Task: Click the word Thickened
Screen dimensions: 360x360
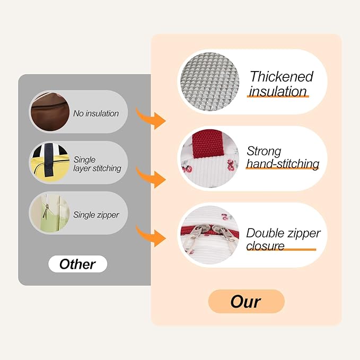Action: pyautogui.click(x=282, y=76)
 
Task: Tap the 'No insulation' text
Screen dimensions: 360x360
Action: pyautogui.click(x=96, y=113)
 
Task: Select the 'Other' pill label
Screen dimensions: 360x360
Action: pyautogui.click(x=77, y=264)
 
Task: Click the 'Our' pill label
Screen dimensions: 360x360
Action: pyautogui.click(x=247, y=302)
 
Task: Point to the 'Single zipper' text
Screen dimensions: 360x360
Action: pyautogui.click(x=96, y=215)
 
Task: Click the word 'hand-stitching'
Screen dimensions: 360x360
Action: pyautogui.click(x=283, y=164)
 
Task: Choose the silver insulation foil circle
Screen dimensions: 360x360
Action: pyautogui.click(x=209, y=82)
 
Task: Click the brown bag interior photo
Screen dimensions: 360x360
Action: pyautogui.click(x=50, y=112)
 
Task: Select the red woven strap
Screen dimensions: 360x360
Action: pyautogui.click(x=208, y=144)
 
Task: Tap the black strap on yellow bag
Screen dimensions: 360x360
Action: pyautogui.click(x=49, y=160)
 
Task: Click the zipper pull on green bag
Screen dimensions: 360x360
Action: pyautogui.click(x=46, y=212)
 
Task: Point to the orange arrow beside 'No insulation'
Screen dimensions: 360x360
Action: pyautogui.click(x=151, y=119)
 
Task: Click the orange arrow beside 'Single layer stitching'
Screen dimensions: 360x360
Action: pyautogui.click(x=151, y=178)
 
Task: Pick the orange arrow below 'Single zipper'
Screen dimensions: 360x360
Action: pyautogui.click(x=151, y=236)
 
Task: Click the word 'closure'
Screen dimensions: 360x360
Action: pyautogui.click(x=265, y=246)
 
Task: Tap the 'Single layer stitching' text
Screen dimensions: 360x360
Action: pyautogui.click(x=97, y=164)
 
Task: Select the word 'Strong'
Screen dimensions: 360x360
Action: pyautogui.click(x=264, y=151)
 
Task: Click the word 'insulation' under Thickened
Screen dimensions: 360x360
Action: pyautogui.click(x=278, y=91)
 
